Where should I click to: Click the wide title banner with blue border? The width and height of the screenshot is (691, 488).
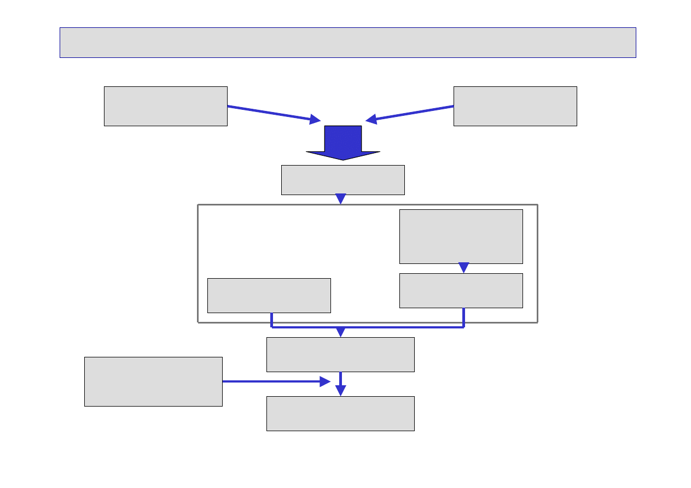[347, 43]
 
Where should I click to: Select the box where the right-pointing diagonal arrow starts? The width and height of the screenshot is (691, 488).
[165, 106]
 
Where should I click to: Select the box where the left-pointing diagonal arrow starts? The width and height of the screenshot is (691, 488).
[515, 106]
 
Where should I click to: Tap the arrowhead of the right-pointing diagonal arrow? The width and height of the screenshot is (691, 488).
[315, 119]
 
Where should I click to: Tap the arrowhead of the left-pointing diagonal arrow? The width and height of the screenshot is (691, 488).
[371, 119]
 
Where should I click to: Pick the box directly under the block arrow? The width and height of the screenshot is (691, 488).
[342, 180]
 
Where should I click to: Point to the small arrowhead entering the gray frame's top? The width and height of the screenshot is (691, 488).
[341, 199]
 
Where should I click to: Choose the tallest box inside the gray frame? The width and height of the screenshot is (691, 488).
[461, 237]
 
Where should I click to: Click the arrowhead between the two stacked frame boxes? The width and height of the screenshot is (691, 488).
[464, 268]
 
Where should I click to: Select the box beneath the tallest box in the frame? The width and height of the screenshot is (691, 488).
[461, 291]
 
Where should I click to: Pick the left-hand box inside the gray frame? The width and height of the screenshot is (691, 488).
[269, 296]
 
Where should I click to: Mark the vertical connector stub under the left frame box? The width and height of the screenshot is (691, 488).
[272, 320]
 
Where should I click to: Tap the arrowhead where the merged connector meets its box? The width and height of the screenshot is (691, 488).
[341, 332]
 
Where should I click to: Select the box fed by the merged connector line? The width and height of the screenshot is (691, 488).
[340, 355]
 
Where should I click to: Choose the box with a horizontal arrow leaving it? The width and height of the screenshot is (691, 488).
[153, 381]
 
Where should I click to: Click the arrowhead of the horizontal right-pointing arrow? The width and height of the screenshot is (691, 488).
[326, 381]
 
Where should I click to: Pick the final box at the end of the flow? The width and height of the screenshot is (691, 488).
[340, 414]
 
